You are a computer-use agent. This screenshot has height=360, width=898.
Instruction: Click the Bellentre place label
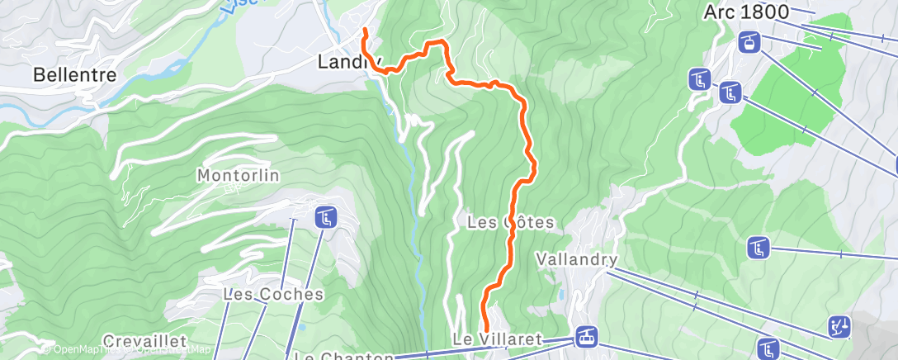(x=73, y=74)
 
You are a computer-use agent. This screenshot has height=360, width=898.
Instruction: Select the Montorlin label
(x=238, y=175)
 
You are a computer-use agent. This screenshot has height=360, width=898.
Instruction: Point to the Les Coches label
(x=273, y=294)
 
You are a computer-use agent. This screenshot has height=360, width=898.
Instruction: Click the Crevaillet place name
(x=144, y=340)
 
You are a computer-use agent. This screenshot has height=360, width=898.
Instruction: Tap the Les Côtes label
(x=510, y=222)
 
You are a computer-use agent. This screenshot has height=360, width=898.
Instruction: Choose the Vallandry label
(x=577, y=259)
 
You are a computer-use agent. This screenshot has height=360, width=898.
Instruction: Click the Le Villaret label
(x=496, y=339)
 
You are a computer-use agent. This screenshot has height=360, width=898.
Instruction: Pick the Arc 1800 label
(x=747, y=12)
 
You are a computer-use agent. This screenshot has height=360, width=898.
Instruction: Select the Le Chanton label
(x=344, y=357)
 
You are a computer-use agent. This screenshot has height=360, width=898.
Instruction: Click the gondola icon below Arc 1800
(x=748, y=42)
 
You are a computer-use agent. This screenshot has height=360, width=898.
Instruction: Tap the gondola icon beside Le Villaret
(x=587, y=336)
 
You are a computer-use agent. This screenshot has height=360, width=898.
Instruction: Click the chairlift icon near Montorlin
(x=324, y=218)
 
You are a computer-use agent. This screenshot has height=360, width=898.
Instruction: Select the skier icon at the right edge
(x=839, y=327)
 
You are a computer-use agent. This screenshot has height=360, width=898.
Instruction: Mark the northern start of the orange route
(x=365, y=31)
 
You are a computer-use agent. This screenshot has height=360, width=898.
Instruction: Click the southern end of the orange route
(x=482, y=329)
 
